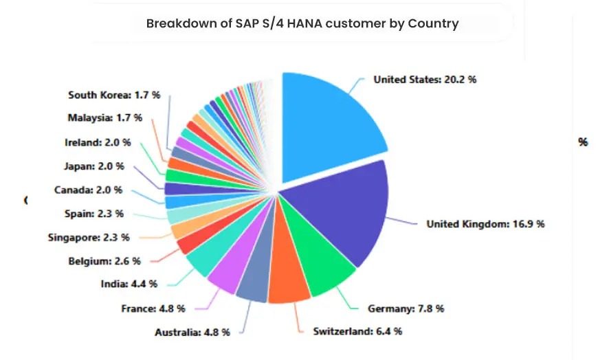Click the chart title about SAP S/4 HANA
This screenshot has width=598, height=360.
click(x=302, y=23)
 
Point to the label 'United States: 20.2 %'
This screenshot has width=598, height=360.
click(x=425, y=80)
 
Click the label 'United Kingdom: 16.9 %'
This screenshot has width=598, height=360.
click(x=485, y=224)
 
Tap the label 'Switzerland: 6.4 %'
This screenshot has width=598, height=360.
click(x=357, y=331)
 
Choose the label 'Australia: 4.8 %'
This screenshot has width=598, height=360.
click(x=192, y=333)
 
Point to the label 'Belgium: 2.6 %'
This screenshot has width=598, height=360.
click(x=104, y=261)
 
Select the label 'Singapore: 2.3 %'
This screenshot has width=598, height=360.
click(x=89, y=238)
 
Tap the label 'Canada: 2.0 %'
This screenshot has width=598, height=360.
click(x=88, y=190)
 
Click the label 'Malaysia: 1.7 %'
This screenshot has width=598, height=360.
click(x=104, y=117)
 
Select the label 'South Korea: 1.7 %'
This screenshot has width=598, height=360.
click(x=114, y=95)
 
